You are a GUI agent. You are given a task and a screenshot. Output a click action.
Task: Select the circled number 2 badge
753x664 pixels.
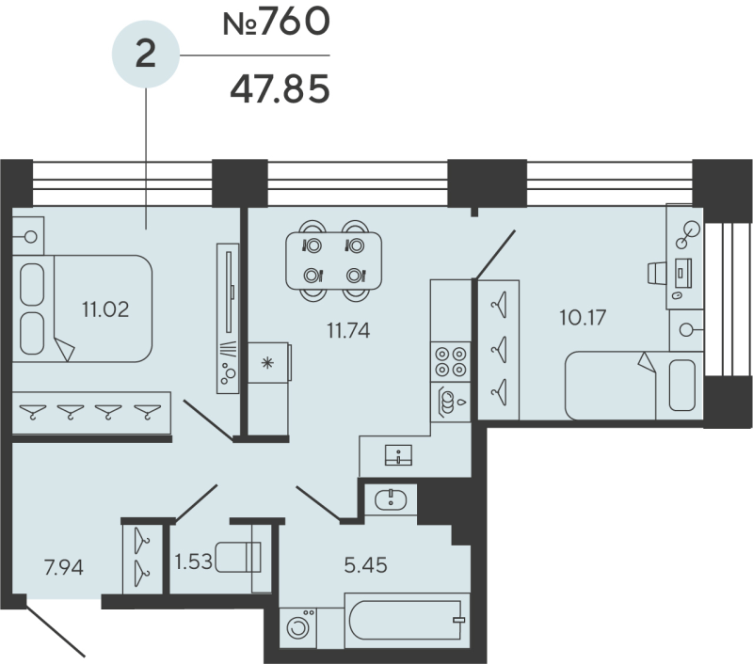coord(145,55)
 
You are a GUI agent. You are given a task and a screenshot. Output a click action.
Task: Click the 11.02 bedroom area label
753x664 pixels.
coord(104,307)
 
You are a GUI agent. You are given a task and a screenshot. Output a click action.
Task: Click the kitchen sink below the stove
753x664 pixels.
coord(449,402)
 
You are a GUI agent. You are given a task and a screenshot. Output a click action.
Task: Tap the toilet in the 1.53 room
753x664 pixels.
coord(238,558)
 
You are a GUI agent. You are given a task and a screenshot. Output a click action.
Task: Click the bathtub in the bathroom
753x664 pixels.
coord(407,620)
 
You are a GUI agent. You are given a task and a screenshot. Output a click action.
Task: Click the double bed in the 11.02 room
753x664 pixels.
coord(85,308)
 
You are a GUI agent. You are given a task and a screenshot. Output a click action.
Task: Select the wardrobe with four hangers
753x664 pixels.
coord(91,411)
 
